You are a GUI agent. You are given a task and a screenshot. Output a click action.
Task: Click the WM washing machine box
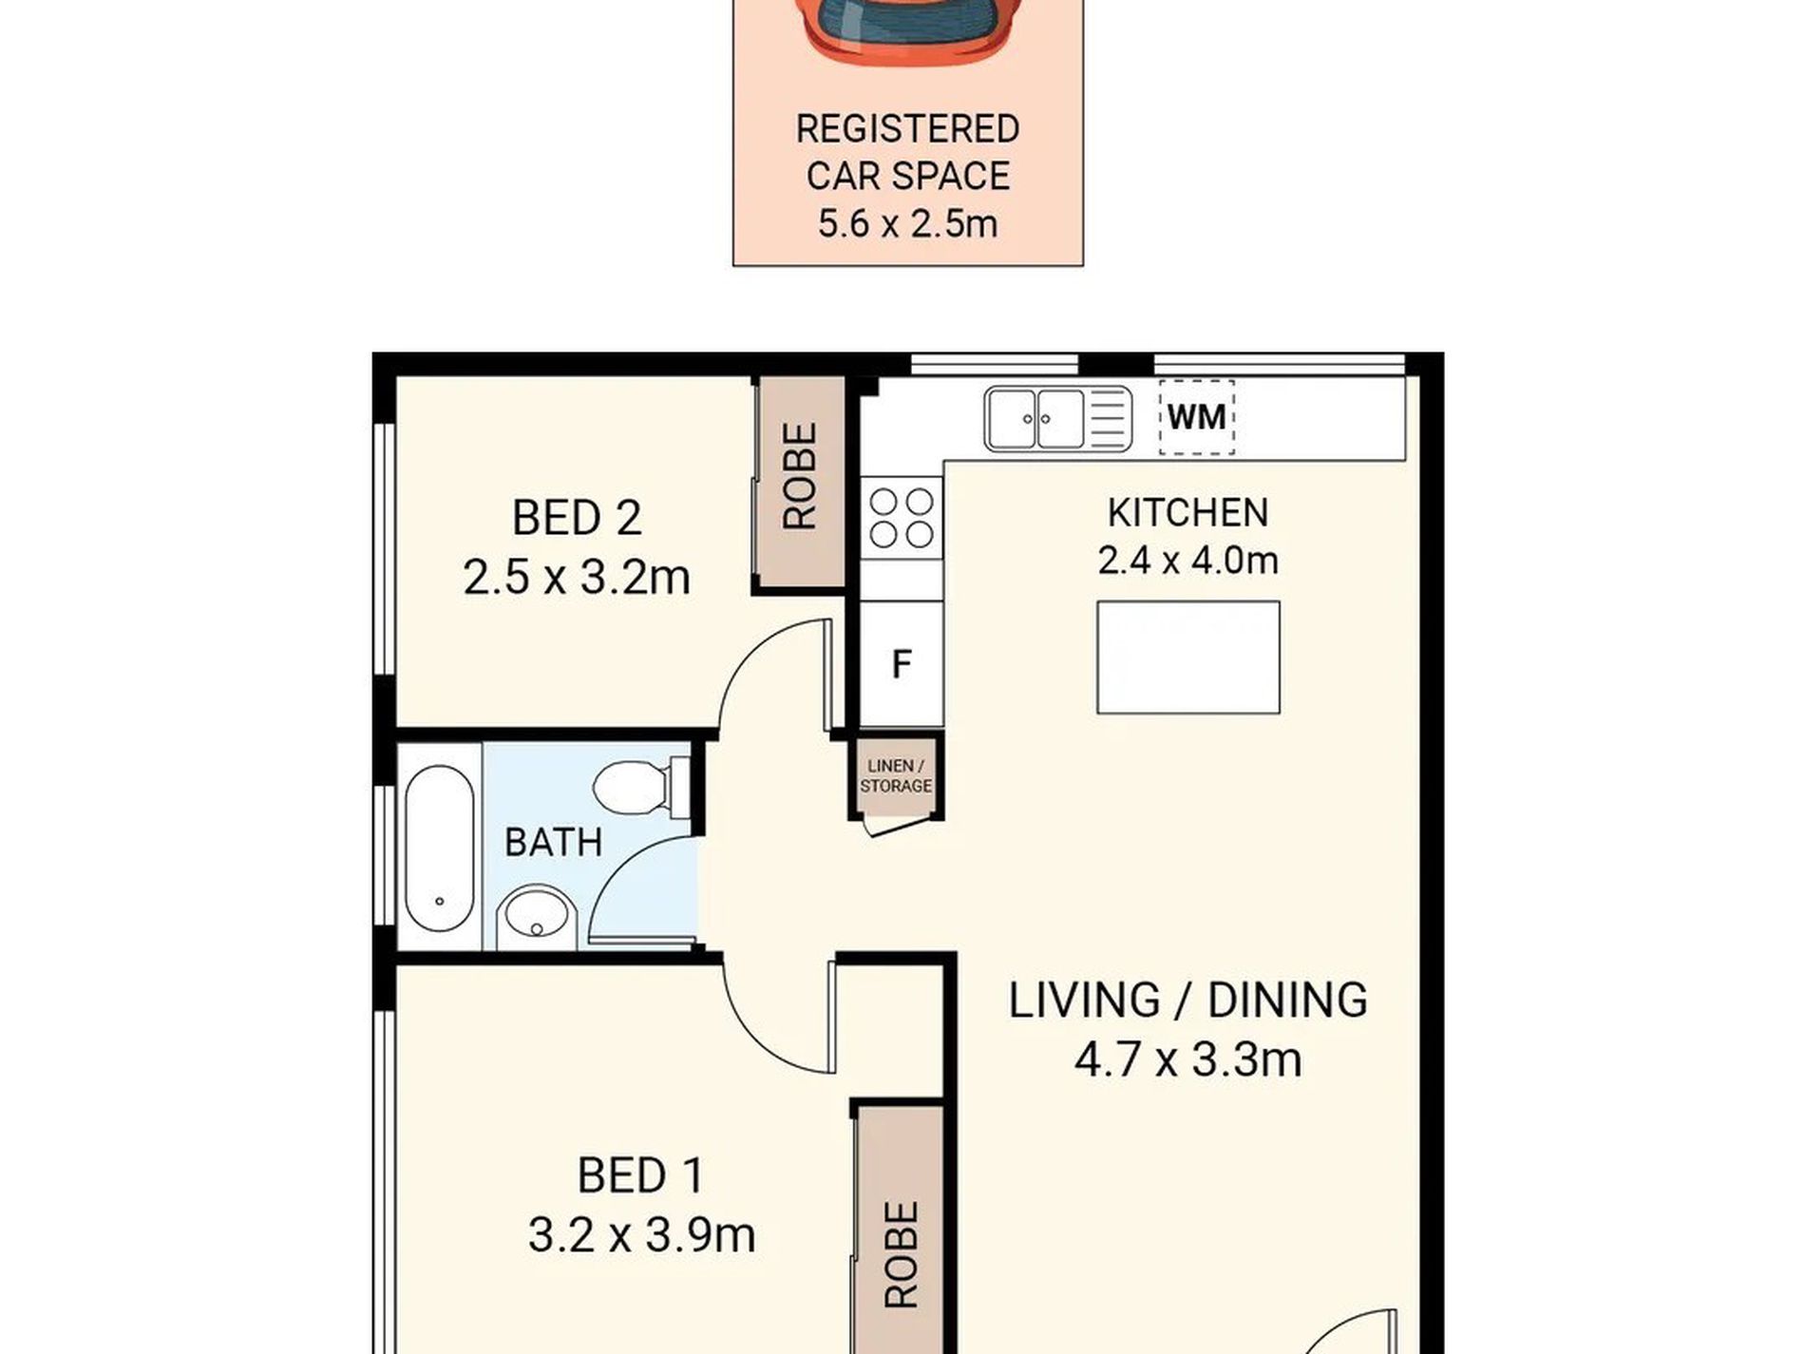[x=1196, y=416]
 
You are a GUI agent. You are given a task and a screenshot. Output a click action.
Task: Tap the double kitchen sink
[x=1057, y=418]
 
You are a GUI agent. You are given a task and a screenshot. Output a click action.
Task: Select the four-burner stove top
[x=902, y=518]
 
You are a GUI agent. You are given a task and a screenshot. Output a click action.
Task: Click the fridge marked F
[x=902, y=663]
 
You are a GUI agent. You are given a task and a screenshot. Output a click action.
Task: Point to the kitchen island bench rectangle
[x=1187, y=657]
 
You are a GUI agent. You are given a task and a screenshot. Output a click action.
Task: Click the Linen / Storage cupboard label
[x=895, y=775]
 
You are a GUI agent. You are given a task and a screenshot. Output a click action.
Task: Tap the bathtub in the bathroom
[x=439, y=848]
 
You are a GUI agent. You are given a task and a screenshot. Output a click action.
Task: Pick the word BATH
[x=553, y=842]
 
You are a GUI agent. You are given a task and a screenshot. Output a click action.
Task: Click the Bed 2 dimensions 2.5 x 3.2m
[x=576, y=577]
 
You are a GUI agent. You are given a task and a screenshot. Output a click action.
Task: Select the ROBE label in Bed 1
[x=902, y=1254]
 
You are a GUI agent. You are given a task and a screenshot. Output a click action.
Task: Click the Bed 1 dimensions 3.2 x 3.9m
[x=641, y=1235]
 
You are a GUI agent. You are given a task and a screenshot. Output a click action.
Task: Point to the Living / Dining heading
[x=1187, y=1000]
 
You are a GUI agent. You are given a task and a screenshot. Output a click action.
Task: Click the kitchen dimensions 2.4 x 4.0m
[x=1187, y=561]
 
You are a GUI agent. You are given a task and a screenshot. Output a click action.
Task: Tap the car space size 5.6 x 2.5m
[x=907, y=224]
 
